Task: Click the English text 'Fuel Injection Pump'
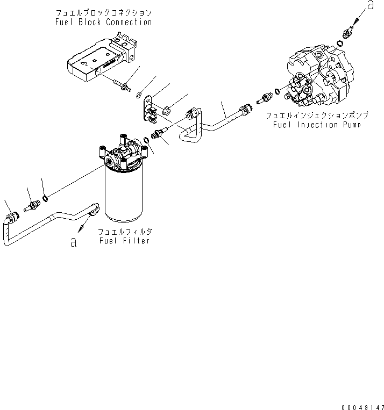click(311, 124)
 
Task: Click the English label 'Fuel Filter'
click(124, 241)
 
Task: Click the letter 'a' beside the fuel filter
click(74, 242)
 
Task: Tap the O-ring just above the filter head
click(146, 142)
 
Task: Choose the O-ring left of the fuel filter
click(46, 199)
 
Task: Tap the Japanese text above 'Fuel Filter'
click(124, 231)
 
